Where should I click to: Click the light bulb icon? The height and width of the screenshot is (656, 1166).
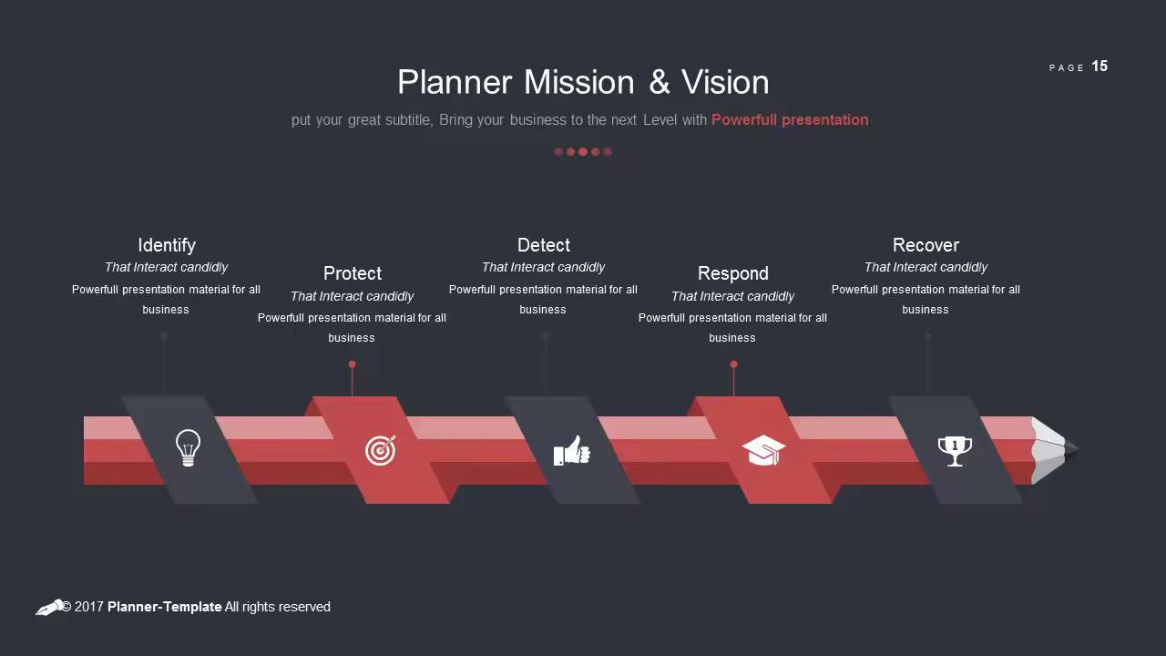pyautogui.click(x=188, y=447)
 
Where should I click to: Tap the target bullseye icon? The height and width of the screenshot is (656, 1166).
pyautogui.click(x=381, y=450)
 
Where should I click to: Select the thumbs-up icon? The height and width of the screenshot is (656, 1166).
pyautogui.click(x=571, y=450)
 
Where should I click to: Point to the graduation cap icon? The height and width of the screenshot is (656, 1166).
pyautogui.click(x=763, y=450)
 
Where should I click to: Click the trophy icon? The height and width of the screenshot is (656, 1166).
pyautogui.click(x=955, y=451)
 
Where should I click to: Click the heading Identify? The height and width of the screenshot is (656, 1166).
pyautogui.click(x=167, y=245)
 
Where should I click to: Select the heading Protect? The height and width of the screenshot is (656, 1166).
pyautogui.click(x=353, y=273)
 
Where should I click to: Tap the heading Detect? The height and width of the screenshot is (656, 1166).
pyautogui.click(x=544, y=245)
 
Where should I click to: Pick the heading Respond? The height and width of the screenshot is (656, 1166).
pyautogui.click(x=733, y=273)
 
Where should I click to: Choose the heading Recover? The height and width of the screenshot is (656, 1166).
pyautogui.click(x=926, y=245)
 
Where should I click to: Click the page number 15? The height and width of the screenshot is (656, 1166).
pyautogui.click(x=1100, y=67)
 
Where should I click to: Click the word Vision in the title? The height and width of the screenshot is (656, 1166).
pyautogui.click(x=725, y=82)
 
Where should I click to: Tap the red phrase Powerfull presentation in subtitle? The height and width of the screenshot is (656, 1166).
pyautogui.click(x=790, y=119)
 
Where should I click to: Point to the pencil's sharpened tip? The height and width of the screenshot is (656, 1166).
pyautogui.click(x=1076, y=449)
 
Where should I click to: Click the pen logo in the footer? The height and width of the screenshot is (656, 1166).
pyautogui.click(x=49, y=608)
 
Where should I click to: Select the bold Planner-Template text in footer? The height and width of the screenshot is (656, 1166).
pyautogui.click(x=165, y=607)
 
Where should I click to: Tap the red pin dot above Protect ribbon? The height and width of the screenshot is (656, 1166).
pyautogui.click(x=353, y=364)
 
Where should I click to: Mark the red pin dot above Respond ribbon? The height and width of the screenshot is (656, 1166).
pyautogui.click(x=734, y=364)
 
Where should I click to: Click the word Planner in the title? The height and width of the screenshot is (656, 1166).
pyautogui.click(x=455, y=82)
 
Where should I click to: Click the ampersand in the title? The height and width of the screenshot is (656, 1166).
pyautogui.click(x=659, y=82)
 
